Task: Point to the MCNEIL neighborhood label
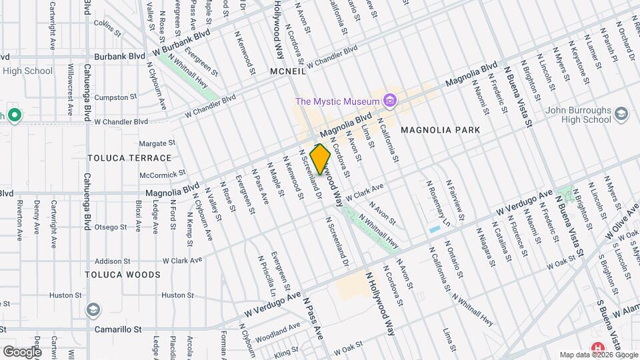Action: click(x=287, y=71)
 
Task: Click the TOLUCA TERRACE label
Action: click(x=129, y=158)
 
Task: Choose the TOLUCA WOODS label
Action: click(x=123, y=275)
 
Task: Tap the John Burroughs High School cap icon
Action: click(x=621, y=114)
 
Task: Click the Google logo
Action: click(x=22, y=351)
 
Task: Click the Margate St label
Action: click(x=158, y=143)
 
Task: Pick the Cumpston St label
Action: click(x=116, y=97)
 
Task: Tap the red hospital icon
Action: click(x=598, y=349)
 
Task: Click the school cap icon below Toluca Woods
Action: click(x=94, y=310)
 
